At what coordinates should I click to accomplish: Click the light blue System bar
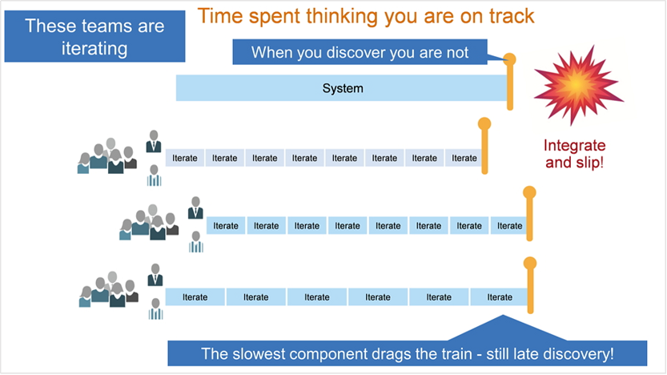pos(342,88)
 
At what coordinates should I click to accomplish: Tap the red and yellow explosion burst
pos(578,85)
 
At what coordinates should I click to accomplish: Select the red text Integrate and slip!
pos(574,154)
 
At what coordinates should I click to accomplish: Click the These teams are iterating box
pos(94,37)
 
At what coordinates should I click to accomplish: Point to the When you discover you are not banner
pos(360,52)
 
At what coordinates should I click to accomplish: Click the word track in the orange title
pos(512,16)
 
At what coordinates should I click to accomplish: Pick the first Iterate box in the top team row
pos(185,158)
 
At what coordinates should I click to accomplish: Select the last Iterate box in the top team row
pos(464,158)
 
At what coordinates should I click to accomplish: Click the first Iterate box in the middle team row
pos(226,226)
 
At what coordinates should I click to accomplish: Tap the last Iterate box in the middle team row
pos(509,226)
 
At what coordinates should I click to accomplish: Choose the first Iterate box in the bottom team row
pos(195,297)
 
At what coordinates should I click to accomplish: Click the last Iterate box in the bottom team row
pos(499,297)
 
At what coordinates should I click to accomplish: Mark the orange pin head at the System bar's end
pos(509,59)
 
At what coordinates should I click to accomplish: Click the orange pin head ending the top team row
pos(484,124)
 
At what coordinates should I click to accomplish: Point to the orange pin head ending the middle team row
pos(529,192)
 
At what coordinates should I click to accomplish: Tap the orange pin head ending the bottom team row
pos(530,263)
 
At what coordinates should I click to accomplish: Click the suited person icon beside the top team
pos(154,141)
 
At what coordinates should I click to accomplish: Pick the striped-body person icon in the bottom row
pos(155,309)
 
